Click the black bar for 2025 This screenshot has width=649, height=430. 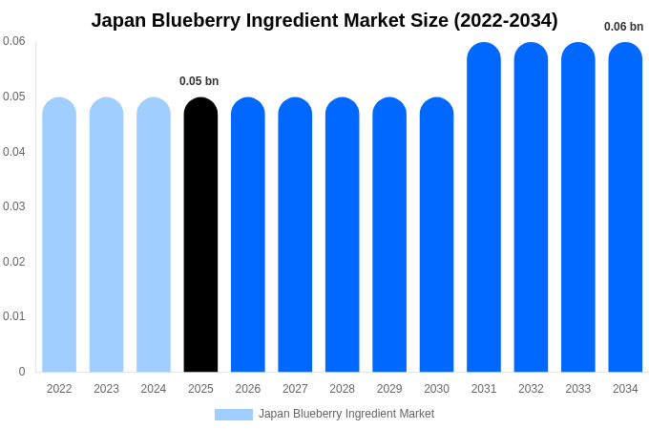point(200,234)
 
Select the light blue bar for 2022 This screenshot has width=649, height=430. point(59,234)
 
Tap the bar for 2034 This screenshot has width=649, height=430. point(625,206)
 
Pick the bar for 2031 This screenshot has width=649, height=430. point(484,206)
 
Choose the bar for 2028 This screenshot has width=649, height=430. point(343,234)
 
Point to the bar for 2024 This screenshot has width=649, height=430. point(154,234)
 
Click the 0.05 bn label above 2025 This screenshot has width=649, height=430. point(199,81)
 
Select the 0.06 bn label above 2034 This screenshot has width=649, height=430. point(623,27)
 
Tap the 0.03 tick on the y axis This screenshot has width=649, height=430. point(14,206)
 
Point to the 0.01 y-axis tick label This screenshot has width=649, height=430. point(14,316)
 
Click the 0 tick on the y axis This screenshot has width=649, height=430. point(22,372)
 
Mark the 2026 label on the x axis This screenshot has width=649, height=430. point(248,389)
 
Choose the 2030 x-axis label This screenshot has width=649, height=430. point(436,389)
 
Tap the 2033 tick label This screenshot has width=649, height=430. point(578,389)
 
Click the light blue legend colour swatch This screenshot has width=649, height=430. point(234,415)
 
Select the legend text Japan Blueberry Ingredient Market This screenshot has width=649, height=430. point(346,414)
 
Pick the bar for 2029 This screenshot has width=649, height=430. point(389,234)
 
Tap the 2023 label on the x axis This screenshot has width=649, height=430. point(106,389)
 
